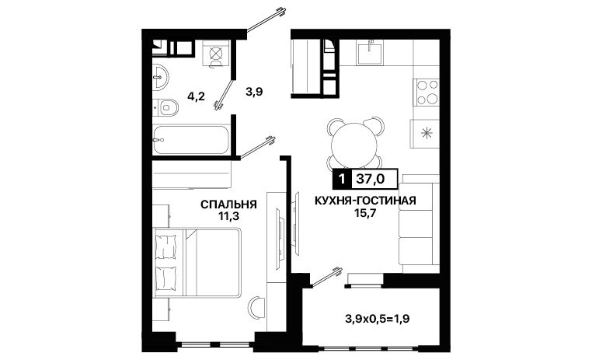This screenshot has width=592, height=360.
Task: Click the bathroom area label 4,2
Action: (196, 96)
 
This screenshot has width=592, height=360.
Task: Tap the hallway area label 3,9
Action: (254, 92)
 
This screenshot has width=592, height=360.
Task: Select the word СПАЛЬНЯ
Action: (228, 204)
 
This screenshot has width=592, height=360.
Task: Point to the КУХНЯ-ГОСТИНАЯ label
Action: (365, 200)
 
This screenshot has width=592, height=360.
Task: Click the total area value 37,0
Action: (371, 178)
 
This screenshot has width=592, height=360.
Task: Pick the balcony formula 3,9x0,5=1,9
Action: (378, 320)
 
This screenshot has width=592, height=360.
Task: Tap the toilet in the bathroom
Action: (166, 107)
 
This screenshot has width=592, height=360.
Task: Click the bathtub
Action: (191, 140)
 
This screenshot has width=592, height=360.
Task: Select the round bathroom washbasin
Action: (161, 78)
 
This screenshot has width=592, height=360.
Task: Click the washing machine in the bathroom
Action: (215, 54)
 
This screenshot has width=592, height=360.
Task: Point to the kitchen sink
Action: (370, 52)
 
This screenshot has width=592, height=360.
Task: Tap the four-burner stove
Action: (427, 92)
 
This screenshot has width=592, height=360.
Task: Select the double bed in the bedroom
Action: (197, 263)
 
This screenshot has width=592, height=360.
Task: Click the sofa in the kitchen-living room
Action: (419, 223)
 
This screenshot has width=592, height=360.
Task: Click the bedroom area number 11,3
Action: (228, 216)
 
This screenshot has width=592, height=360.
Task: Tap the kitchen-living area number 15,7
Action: (365, 213)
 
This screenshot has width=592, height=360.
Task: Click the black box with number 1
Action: (342, 178)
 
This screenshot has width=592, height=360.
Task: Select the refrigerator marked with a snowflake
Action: (426, 133)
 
